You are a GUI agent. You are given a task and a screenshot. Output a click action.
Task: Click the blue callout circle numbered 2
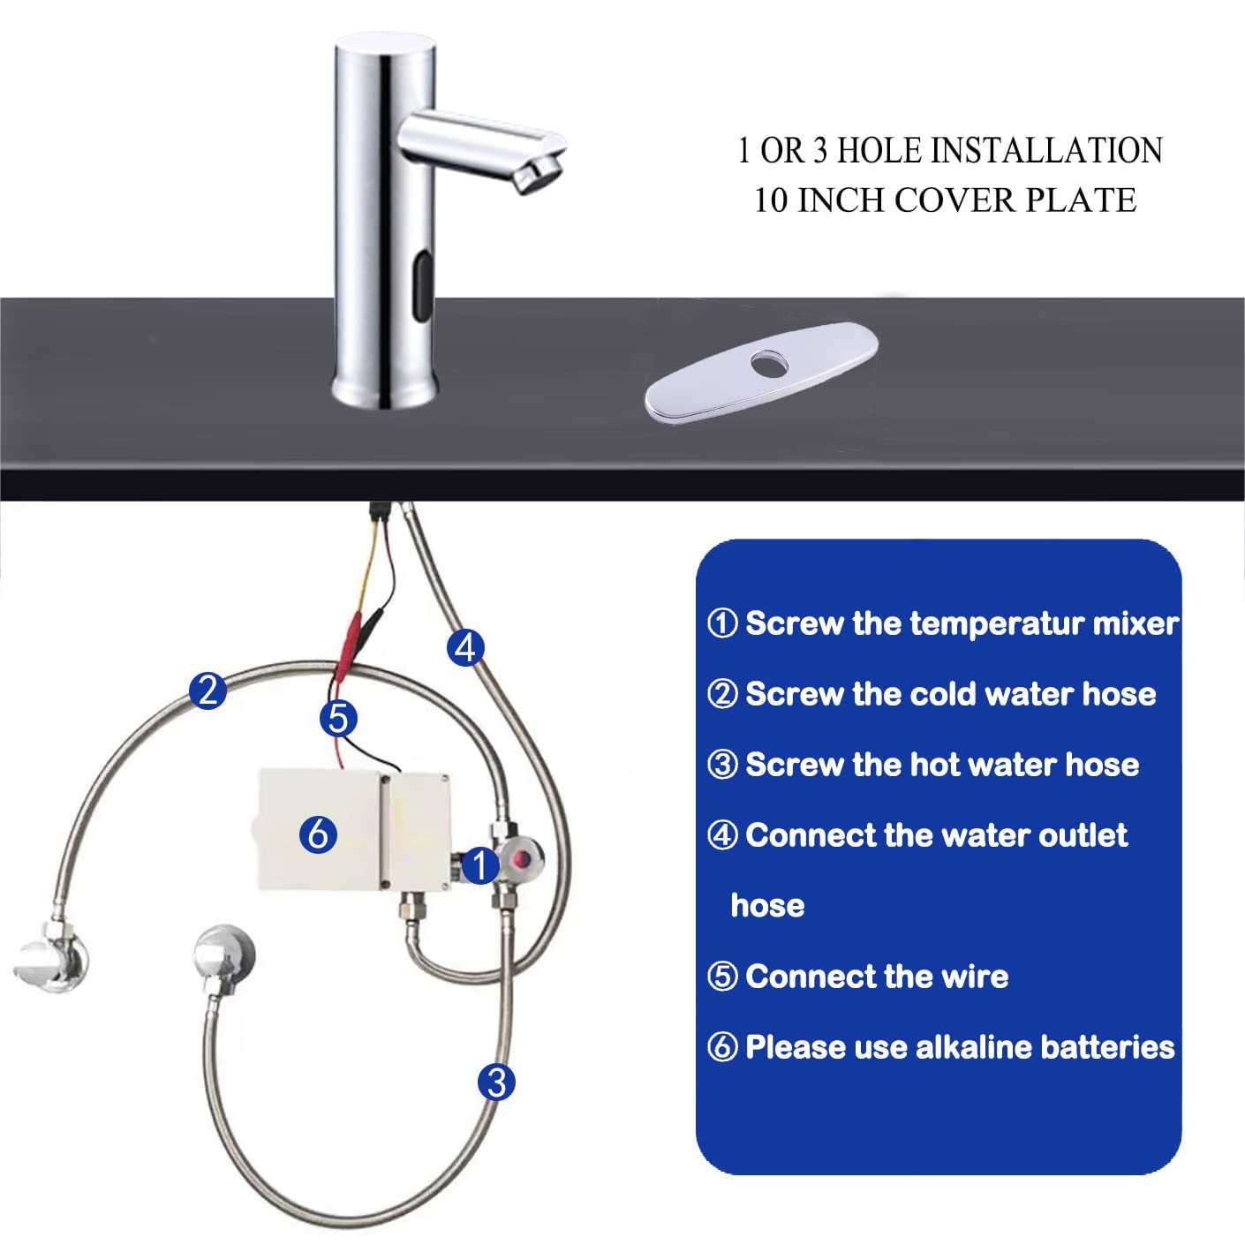[208, 690]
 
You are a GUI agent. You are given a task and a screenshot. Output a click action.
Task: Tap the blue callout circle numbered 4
[465, 647]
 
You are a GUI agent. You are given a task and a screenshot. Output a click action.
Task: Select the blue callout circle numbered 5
[338, 719]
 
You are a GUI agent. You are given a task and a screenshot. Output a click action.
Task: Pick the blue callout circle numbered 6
[318, 834]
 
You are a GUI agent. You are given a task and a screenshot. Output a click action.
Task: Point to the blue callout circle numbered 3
[496, 1083]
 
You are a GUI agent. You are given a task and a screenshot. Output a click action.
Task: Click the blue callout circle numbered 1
[480, 865]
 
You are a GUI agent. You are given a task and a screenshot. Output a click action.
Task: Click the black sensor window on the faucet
[422, 288]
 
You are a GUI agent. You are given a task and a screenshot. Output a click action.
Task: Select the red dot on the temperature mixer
[521, 858]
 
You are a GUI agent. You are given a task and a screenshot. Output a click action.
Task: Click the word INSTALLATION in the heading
[1046, 150]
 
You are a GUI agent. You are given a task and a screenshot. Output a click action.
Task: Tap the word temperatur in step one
[996, 624]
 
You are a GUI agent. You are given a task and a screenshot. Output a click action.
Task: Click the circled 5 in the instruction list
[722, 977]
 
